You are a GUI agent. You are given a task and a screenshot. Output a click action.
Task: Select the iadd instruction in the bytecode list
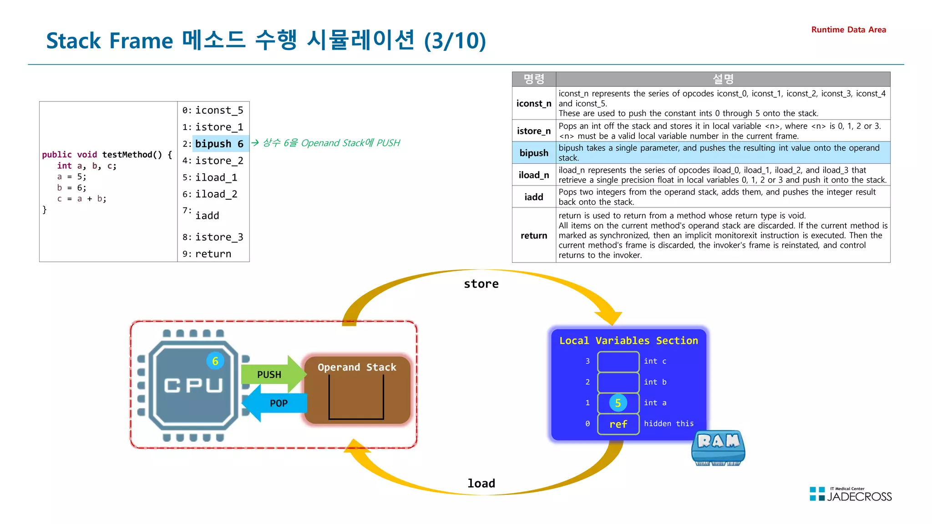[x=207, y=216]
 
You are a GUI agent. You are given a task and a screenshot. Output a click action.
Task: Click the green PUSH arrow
[x=270, y=374]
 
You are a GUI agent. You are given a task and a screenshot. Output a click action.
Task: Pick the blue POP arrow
[x=276, y=403]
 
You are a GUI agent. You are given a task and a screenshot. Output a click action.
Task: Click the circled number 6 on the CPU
[x=215, y=361]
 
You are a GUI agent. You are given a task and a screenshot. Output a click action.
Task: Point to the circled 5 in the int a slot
[x=618, y=403]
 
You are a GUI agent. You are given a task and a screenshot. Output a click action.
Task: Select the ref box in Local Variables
[x=618, y=424]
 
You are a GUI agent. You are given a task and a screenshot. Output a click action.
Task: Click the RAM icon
[x=718, y=448]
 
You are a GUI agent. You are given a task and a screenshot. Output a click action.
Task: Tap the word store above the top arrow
[x=481, y=284]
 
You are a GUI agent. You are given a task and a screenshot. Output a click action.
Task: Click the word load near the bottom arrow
[x=481, y=484]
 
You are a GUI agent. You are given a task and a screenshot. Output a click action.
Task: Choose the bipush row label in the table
[x=534, y=153]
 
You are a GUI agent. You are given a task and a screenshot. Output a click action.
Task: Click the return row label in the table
[x=534, y=236]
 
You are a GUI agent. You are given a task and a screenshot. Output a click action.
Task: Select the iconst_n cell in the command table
[x=534, y=104]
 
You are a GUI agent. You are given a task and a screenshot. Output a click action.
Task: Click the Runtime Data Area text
[x=848, y=30]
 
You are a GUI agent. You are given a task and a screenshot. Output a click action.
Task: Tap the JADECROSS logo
[x=851, y=494]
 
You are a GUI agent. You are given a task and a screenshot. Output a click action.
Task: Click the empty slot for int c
[x=618, y=362]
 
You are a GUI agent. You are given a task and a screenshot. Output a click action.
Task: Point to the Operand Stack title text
[x=357, y=367]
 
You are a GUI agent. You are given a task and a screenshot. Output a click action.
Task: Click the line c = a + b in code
[x=82, y=199]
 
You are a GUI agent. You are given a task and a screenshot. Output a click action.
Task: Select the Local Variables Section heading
[x=628, y=341]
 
